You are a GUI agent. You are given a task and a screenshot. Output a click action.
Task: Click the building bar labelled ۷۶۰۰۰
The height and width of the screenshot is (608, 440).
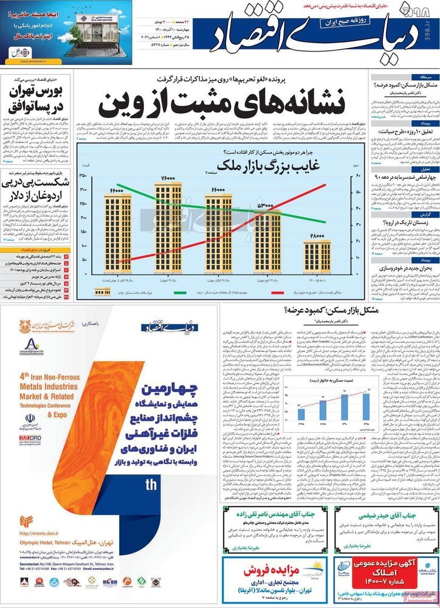click(168, 225)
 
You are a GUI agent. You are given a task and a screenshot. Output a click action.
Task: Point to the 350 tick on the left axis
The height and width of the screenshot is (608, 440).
click(83, 176)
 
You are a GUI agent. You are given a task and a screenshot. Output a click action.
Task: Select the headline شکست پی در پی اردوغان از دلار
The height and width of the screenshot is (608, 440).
click(36, 189)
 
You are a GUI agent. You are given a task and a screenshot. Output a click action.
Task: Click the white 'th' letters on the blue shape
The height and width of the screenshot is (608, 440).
click(151, 485)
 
